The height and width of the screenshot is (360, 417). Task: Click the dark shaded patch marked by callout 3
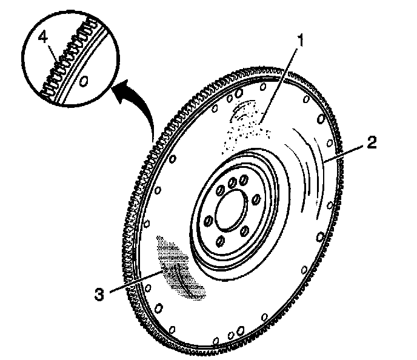[179, 267]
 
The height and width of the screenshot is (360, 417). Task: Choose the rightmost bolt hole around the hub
[255, 198]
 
